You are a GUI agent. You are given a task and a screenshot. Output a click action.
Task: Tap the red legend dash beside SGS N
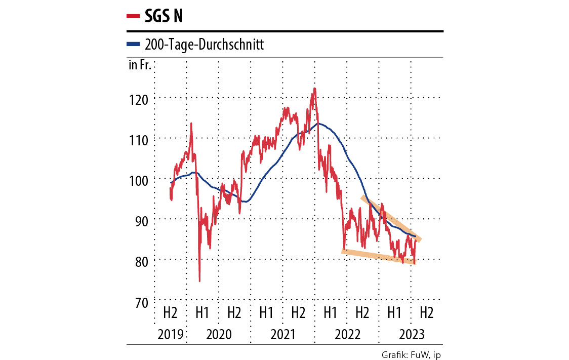[133, 17]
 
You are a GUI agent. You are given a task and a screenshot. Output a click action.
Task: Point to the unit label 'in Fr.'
[140, 65]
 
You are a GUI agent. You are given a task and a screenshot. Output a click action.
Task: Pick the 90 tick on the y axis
[140, 220]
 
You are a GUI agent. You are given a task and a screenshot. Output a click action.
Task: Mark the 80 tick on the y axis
[140, 261]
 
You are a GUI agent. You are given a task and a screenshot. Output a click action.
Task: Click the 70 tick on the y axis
[140, 301]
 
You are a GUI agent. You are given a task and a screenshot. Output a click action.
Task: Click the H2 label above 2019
[170, 312]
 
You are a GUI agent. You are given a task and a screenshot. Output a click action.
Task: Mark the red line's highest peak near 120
[314, 89]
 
